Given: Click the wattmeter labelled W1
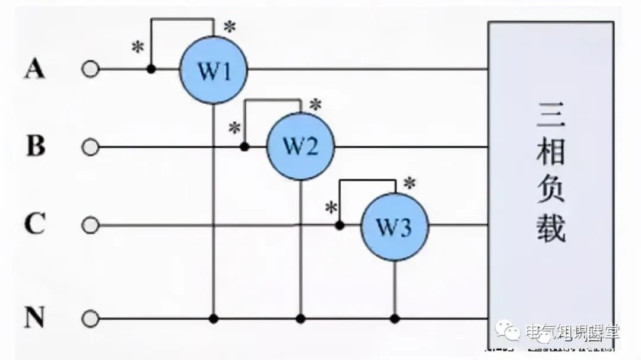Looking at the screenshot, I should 214,70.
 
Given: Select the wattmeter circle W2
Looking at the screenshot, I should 300,146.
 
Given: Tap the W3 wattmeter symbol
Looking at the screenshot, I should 395,227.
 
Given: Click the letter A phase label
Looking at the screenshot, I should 34,69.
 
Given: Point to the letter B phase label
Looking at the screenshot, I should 36,146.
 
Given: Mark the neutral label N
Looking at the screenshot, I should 34,319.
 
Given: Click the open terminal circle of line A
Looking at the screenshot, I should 90,69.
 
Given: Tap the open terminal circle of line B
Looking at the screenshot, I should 90,146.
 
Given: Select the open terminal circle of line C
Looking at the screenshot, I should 90,225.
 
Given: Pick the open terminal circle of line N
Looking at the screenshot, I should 90,319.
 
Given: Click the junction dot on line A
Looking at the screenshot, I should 151,69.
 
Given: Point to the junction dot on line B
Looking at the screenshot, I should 244,146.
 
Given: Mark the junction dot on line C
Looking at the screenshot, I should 339,225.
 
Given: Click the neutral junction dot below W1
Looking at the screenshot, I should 214,319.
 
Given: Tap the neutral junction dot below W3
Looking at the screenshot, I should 395,319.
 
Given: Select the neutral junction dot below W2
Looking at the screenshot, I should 300,319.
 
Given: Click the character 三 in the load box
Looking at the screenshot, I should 551,116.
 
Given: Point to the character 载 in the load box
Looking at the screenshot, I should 551,228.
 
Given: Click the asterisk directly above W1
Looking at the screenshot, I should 229,27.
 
